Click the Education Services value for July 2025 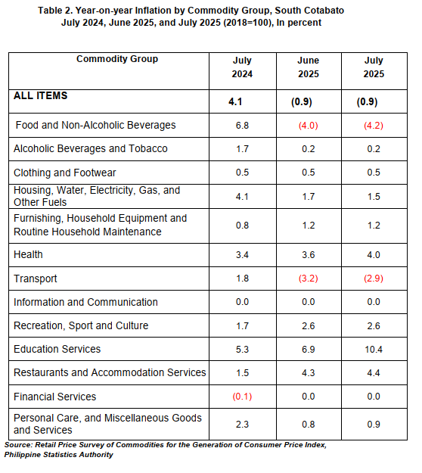[x=374, y=350]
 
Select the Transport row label [x=36, y=279]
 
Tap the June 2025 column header [x=309, y=67]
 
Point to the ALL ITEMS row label [x=40, y=95]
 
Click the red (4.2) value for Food [x=374, y=125]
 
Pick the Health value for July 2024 [x=242, y=255]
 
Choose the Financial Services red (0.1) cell [x=242, y=397]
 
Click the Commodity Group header [x=117, y=59]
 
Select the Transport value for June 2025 [x=309, y=279]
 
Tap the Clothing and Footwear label [x=65, y=173]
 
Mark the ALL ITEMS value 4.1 [x=235, y=101]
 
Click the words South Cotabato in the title [x=309, y=11]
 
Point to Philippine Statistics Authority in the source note [x=59, y=455]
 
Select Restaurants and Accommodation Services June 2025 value [x=309, y=373]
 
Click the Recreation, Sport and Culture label [x=81, y=325]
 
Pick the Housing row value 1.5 [x=374, y=197]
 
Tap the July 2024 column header [x=242, y=67]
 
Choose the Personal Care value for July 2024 [x=242, y=425]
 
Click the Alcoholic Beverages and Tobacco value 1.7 [x=242, y=149]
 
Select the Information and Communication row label [x=85, y=302]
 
